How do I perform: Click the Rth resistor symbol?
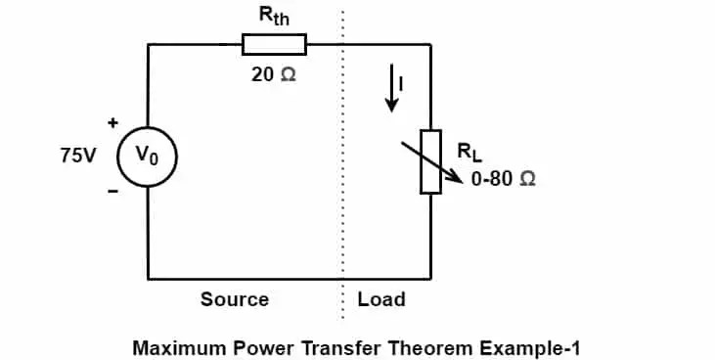[x=274, y=44]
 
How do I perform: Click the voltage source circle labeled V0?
[x=148, y=156]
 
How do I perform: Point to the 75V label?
[x=77, y=156]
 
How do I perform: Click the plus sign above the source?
[x=112, y=123]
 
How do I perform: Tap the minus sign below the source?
[x=112, y=192]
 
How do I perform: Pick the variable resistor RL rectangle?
[x=430, y=161]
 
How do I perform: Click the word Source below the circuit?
[x=235, y=299]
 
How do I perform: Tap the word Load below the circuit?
[x=380, y=299]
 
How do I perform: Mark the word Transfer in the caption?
[x=330, y=346]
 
